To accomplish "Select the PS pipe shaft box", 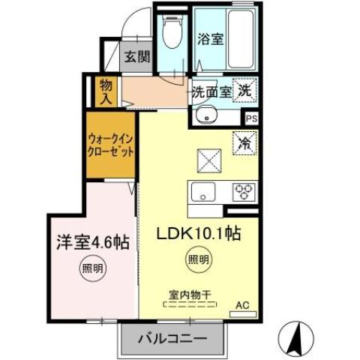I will (252, 118).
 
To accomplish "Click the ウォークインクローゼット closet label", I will (111, 144).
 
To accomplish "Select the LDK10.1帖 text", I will (198, 234).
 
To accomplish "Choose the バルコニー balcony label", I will (172, 339).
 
